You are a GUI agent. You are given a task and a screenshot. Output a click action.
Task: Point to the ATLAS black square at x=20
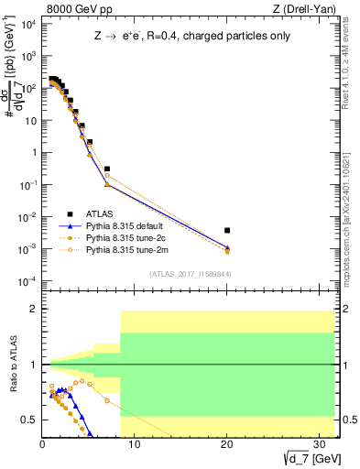[x=227, y=230]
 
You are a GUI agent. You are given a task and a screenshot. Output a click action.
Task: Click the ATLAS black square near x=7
[x=107, y=169]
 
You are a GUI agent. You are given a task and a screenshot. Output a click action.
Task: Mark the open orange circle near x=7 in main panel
[x=107, y=176]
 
